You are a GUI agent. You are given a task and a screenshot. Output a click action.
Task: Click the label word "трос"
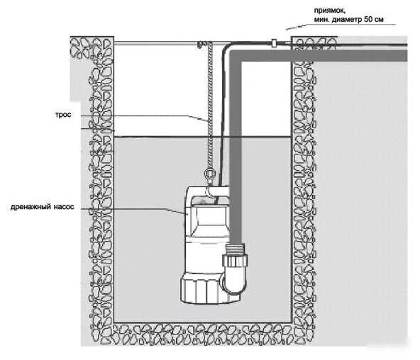click(x=63, y=115)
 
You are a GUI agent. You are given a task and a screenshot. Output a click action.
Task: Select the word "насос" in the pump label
click(x=64, y=207)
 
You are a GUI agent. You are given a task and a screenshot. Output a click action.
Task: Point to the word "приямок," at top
click(x=330, y=11)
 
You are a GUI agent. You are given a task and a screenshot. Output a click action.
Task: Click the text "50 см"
click(x=373, y=20)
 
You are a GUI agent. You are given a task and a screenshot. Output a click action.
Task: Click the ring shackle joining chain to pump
click(x=209, y=174)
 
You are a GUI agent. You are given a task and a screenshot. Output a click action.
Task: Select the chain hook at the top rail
click(x=201, y=45)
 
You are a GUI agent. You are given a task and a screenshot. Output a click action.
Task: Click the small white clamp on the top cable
click(x=274, y=43)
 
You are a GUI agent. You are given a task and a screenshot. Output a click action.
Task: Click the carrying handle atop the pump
click(x=208, y=193)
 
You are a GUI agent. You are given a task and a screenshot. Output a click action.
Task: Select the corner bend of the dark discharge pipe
click(x=235, y=56)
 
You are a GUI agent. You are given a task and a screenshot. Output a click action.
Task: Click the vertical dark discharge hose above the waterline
click(x=236, y=99)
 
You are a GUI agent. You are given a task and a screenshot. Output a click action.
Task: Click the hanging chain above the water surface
click(x=210, y=89)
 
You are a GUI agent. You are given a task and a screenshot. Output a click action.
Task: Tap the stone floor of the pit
click(x=203, y=334)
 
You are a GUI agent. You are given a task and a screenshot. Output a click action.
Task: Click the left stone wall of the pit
click(x=101, y=187)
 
